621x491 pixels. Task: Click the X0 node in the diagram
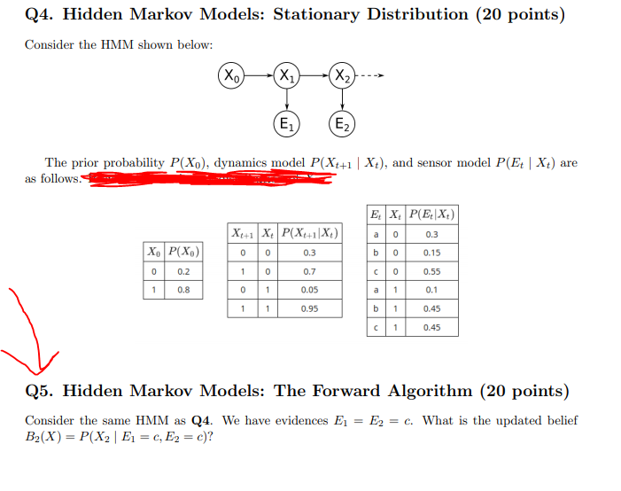(232, 76)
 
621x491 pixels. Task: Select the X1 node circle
(287, 76)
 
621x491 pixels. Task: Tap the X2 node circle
(342, 76)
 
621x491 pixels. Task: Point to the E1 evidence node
(287, 123)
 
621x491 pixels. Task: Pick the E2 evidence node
(342, 123)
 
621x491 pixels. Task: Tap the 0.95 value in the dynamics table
(309, 308)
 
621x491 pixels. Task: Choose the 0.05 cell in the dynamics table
(309, 290)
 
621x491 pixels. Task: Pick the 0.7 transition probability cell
(309, 270)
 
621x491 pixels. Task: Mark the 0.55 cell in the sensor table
(431, 270)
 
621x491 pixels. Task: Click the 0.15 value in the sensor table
(431, 253)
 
